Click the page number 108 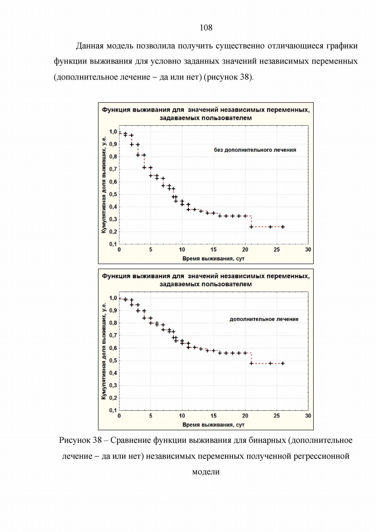pyautogui.click(x=206, y=28)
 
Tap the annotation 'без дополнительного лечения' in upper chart pyautogui.click(x=255, y=150)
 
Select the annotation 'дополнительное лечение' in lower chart pyautogui.click(x=264, y=320)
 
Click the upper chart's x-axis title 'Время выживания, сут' pyautogui.click(x=213, y=259)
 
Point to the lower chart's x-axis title pyautogui.click(x=213, y=425)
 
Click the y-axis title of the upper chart pyautogui.click(x=104, y=185)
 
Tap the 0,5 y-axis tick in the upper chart pyautogui.click(x=113, y=194)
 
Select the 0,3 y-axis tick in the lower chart pyautogui.click(x=113, y=385)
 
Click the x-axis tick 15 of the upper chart pyautogui.click(x=214, y=249)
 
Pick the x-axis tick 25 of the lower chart pyautogui.click(x=277, y=416)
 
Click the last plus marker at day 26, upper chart pyautogui.click(x=283, y=227)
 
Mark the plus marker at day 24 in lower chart pyautogui.click(x=270, y=363)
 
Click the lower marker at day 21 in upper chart pyautogui.click(x=251, y=227)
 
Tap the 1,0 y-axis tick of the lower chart pyautogui.click(x=113, y=298)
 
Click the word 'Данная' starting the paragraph pyautogui.click(x=90, y=46)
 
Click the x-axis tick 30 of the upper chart pyautogui.click(x=308, y=249)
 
